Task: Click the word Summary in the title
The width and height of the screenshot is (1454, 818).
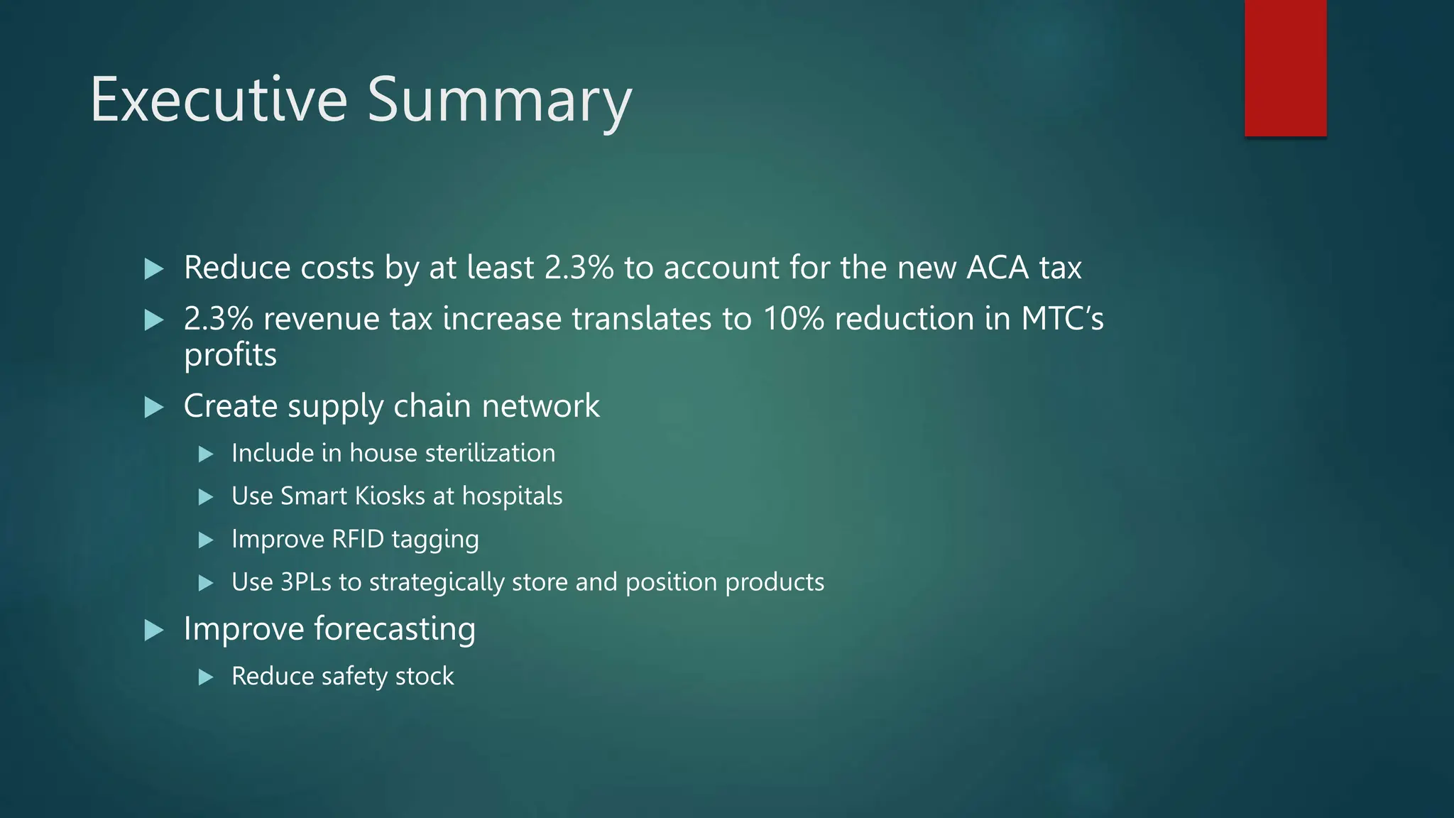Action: point(499,101)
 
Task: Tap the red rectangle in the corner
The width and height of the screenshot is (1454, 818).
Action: point(1285,67)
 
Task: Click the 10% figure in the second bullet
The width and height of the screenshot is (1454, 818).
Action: point(793,319)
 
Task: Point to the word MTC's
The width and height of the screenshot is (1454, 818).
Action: point(1062,319)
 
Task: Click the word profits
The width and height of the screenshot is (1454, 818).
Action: point(230,355)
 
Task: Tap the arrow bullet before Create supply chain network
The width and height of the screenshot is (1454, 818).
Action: point(153,408)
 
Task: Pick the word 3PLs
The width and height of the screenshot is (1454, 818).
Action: point(305,582)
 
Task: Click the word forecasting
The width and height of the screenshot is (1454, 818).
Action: point(395,629)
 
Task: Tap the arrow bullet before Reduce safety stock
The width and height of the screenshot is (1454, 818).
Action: point(206,677)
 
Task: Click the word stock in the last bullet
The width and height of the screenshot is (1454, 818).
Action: point(425,676)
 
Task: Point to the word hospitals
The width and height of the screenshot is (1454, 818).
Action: point(512,496)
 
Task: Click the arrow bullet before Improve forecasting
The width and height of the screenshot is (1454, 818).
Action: point(153,630)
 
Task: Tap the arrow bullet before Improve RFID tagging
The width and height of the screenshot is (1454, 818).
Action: point(206,540)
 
